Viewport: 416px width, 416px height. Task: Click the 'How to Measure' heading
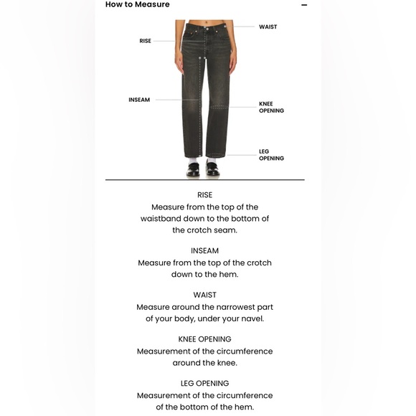138,4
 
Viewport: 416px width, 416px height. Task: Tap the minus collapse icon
304,5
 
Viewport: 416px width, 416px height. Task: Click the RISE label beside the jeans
145,41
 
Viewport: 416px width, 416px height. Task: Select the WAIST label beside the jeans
268,27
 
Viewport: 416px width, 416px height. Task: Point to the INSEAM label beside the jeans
139,100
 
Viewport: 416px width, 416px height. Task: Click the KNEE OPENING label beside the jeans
271,108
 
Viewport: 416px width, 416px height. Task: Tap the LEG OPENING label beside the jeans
271,155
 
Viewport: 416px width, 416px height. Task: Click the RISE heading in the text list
204,195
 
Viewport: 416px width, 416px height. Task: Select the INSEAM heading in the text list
204,251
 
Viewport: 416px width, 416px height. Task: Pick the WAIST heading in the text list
204,295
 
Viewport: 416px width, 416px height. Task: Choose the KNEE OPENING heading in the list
204,339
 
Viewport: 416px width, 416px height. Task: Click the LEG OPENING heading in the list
204,384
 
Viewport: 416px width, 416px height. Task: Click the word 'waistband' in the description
164,219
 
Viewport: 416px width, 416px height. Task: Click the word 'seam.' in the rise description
225,230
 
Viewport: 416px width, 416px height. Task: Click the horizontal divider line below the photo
204,179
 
